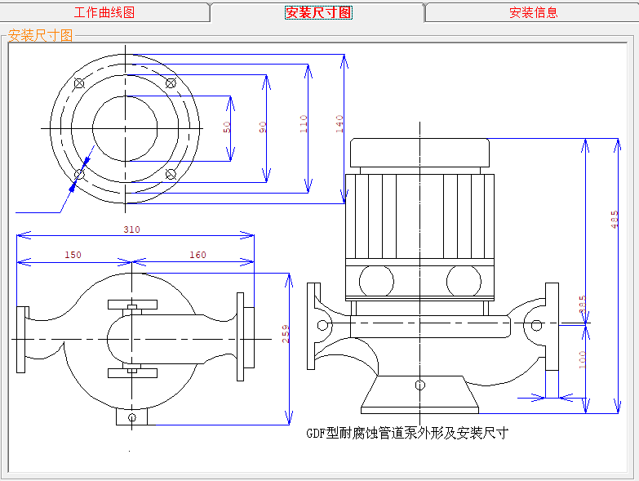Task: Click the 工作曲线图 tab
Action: point(104,12)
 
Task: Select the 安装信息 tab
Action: point(533,12)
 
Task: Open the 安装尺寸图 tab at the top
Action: point(318,12)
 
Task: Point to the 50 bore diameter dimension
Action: point(227,127)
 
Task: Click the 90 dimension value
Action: point(262,127)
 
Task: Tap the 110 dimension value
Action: point(304,123)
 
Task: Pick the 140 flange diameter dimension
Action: point(339,123)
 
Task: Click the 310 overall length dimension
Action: point(131,229)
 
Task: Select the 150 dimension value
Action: point(73,255)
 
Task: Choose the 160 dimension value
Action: point(197,255)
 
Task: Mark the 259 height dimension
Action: point(286,335)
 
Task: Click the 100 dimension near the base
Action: point(583,359)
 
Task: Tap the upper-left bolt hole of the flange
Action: point(79,83)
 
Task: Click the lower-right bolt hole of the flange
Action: point(171,173)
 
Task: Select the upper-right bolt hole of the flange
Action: point(171,82)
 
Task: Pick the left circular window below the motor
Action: point(375,281)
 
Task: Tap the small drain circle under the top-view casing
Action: point(131,418)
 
